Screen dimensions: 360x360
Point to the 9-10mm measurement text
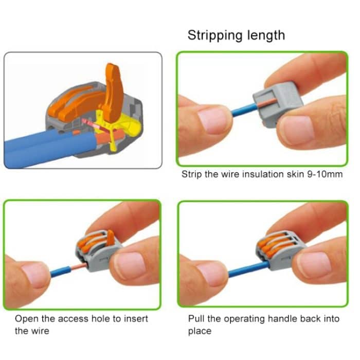point(325,175)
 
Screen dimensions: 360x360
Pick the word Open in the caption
point(25,319)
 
